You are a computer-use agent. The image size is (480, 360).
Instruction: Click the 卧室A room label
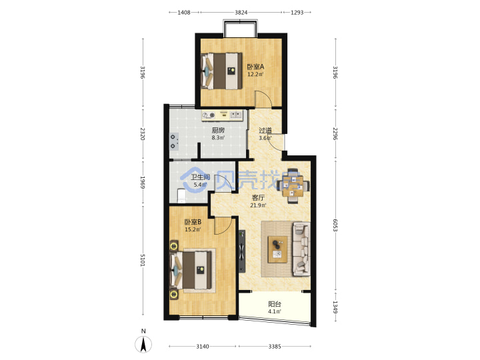(255, 67)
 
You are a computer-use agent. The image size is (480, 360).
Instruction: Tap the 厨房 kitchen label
(218, 131)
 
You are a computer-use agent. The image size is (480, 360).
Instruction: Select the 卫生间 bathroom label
(201, 177)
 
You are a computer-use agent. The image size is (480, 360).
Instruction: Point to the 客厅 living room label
(258, 198)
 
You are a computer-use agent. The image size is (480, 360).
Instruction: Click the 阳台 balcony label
(275, 304)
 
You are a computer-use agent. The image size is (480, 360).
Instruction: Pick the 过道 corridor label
(265, 131)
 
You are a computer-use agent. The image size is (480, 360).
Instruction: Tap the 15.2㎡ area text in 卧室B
(193, 229)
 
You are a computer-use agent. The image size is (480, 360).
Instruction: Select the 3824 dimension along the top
(241, 12)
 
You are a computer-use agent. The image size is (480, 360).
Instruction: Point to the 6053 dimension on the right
(335, 225)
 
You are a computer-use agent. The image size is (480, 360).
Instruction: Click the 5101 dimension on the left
(143, 260)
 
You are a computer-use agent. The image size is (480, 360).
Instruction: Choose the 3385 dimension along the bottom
(275, 346)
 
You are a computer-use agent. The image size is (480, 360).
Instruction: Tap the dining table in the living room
(293, 186)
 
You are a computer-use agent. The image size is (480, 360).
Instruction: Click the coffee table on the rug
(277, 249)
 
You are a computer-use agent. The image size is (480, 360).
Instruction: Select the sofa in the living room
(302, 249)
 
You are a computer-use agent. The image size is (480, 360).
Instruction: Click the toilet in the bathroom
(181, 196)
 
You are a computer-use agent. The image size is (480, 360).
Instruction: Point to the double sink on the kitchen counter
(235, 115)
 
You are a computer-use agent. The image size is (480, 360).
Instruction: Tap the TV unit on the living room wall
(242, 251)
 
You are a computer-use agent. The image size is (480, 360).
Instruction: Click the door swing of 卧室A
(263, 99)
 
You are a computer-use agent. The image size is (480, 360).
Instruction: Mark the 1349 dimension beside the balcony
(335, 307)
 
